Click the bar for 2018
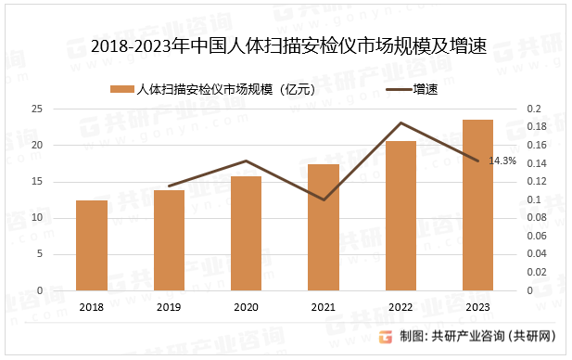92,245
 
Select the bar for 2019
169,239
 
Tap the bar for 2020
246,233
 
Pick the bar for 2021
324,227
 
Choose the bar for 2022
400,215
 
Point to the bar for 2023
477,205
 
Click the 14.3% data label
502,161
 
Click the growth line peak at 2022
400,122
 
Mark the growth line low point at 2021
324,199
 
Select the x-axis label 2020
246,307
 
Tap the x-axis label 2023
477,307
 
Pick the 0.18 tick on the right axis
537,127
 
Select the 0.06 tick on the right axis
537,236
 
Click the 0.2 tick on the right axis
533,109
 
